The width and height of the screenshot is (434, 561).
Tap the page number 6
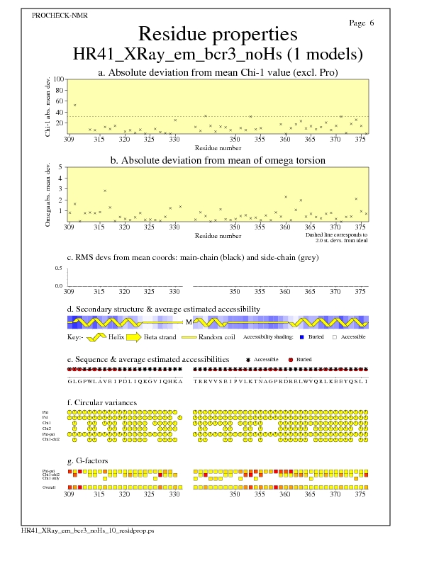(x=371, y=23)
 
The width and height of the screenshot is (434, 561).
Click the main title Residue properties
(x=218, y=34)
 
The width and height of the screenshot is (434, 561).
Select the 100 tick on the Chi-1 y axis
(x=60, y=79)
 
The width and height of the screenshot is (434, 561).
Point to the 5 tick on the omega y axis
(x=60, y=168)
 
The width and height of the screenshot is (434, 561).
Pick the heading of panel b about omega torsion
(x=218, y=161)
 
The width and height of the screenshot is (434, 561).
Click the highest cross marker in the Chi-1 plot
(x=74, y=105)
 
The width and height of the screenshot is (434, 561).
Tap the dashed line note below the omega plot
(x=336, y=237)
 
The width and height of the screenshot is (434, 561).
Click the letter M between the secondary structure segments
(x=189, y=322)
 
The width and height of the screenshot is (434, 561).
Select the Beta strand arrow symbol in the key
(x=131, y=337)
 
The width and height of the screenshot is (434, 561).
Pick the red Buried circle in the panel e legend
(x=291, y=360)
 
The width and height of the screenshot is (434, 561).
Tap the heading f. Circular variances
(x=102, y=403)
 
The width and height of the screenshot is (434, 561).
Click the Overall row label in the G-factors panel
(x=50, y=487)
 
